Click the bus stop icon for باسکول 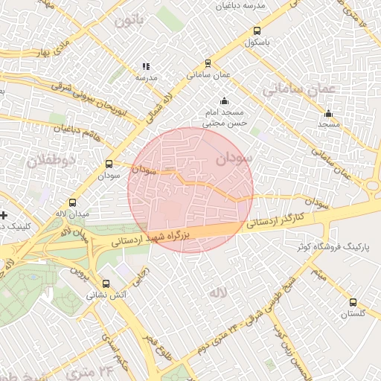(257, 31)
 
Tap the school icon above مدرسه (146, 66)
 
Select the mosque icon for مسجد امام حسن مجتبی (224, 100)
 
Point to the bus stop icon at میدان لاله (72, 202)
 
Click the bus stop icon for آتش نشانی (106, 284)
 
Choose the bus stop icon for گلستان (353, 302)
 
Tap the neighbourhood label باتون (129, 20)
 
